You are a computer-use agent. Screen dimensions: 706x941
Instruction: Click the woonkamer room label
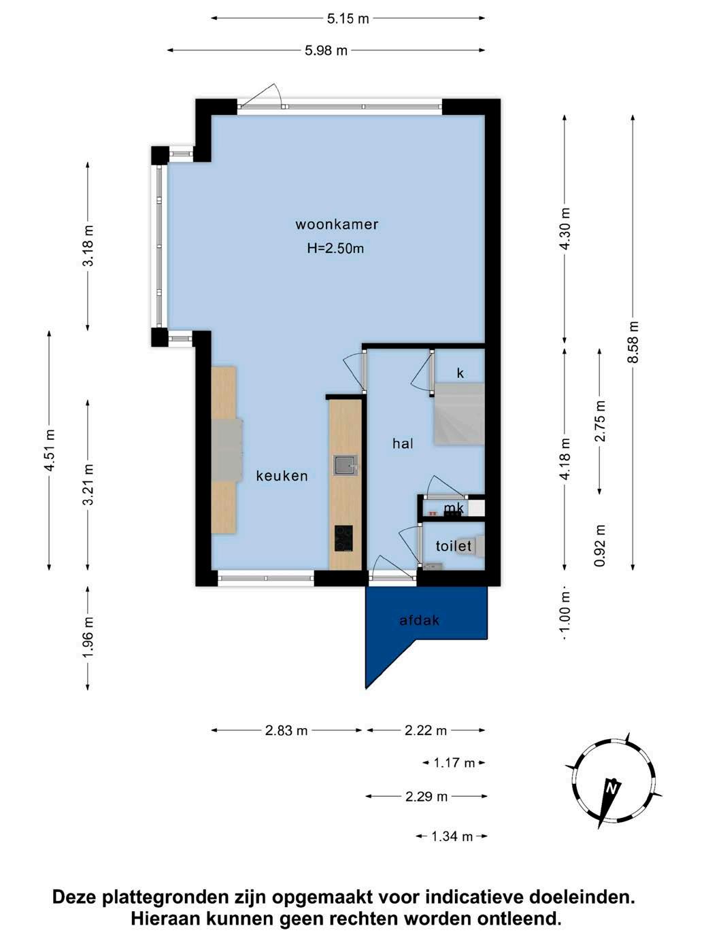click(x=337, y=224)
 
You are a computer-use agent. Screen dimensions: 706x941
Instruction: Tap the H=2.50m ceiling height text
click(x=335, y=248)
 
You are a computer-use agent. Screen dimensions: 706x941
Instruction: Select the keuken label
click(x=282, y=476)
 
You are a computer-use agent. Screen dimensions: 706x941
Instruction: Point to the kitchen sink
click(x=346, y=465)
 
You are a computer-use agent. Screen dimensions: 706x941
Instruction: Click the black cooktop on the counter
click(x=343, y=538)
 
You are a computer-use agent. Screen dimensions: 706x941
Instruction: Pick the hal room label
click(x=403, y=443)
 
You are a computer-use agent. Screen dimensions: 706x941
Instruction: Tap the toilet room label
click(x=453, y=546)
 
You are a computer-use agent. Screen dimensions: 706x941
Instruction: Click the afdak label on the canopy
click(x=419, y=620)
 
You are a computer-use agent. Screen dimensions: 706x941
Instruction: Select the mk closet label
click(x=454, y=509)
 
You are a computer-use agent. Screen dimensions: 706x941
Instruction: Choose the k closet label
click(x=460, y=373)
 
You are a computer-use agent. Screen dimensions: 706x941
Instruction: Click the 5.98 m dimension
click(x=326, y=50)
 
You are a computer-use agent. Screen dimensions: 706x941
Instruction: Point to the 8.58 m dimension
click(x=633, y=342)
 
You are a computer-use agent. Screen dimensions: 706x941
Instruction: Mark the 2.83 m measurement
click(x=286, y=730)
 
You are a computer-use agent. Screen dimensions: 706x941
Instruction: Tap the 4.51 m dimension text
click(x=49, y=450)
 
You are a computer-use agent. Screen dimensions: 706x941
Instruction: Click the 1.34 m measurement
click(x=452, y=836)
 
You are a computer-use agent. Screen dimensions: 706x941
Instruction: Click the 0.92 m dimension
click(x=599, y=545)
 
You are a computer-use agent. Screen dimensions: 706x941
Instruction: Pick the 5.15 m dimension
click(x=348, y=18)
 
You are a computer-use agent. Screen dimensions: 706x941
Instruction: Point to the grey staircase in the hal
click(x=458, y=414)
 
